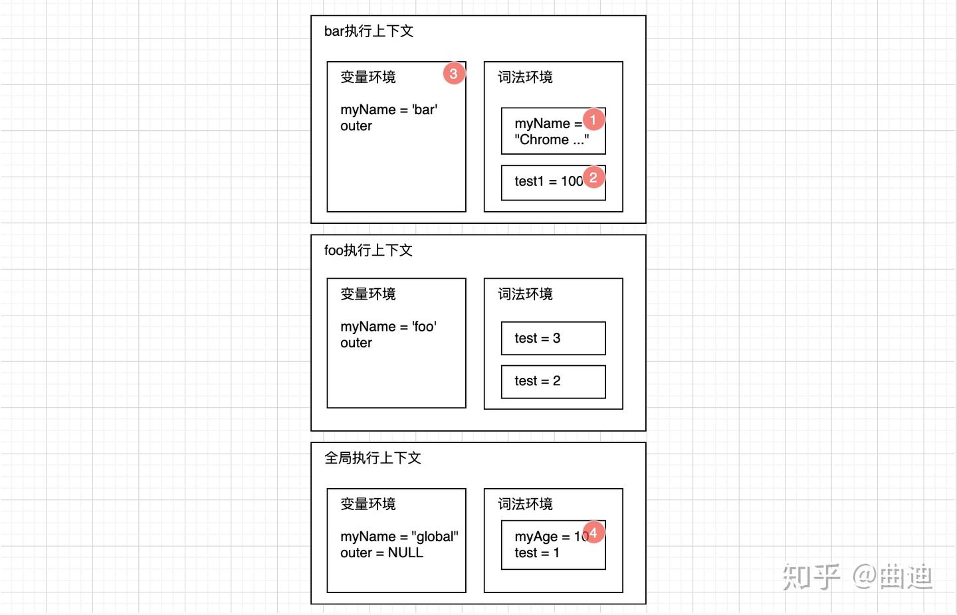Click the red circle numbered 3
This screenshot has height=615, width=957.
coord(454,73)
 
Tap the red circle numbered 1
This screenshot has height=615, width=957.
coord(593,120)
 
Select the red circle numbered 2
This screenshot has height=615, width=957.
coord(593,177)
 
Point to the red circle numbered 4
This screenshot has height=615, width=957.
coord(593,532)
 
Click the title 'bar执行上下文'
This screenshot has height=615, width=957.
coord(369,31)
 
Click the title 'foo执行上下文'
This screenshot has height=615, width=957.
coord(369,250)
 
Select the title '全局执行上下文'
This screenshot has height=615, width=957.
coord(373,458)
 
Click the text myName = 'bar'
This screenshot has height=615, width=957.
coord(389,110)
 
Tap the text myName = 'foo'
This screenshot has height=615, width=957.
coord(389,327)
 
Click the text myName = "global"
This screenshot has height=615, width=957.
coord(399,537)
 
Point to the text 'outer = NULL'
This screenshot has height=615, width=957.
coord(381,553)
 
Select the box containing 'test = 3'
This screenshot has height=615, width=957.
coord(553,338)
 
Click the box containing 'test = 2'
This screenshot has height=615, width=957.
coord(553,381)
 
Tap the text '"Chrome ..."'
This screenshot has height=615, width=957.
coord(552,140)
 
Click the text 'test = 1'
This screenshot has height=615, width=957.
coord(537,553)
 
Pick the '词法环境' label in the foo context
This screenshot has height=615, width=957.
coord(525,294)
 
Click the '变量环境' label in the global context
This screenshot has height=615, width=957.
coord(368,504)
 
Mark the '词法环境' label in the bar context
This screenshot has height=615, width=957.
coord(525,78)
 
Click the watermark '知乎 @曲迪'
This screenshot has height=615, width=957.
coord(857,576)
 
